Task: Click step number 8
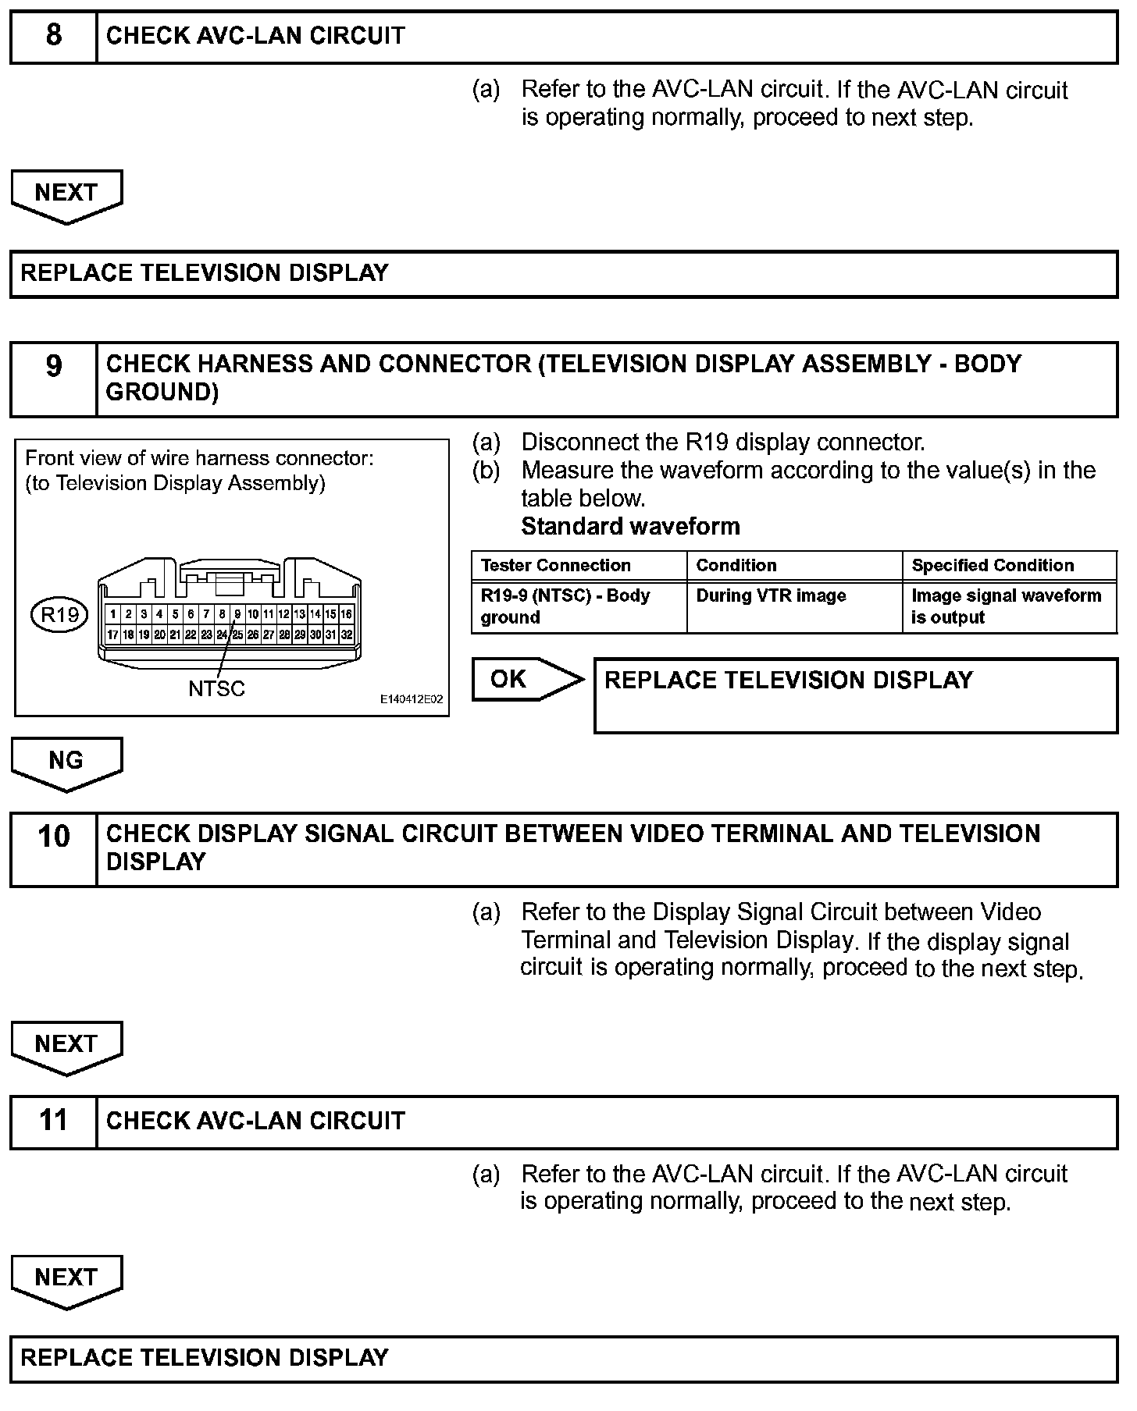pyautogui.click(x=53, y=36)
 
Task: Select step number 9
pyautogui.click(x=53, y=365)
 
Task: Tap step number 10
pyautogui.click(x=53, y=836)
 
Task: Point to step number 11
pyautogui.click(x=53, y=1120)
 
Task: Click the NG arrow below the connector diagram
pyautogui.click(x=66, y=762)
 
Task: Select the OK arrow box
pyautogui.click(x=525, y=679)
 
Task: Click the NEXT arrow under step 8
pyautogui.click(x=66, y=194)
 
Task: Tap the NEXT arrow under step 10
pyautogui.click(x=66, y=1045)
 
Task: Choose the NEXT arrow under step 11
pyautogui.click(x=66, y=1279)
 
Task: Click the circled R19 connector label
pyautogui.click(x=60, y=615)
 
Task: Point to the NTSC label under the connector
pyautogui.click(x=216, y=689)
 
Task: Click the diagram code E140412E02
pyautogui.click(x=412, y=699)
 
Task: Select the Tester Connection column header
pyautogui.click(x=555, y=566)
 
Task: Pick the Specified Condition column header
pyautogui.click(x=993, y=566)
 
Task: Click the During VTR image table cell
pyautogui.click(x=771, y=596)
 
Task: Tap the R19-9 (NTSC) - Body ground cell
pyautogui.click(x=565, y=606)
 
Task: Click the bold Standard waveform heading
pyautogui.click(x=630, y=527)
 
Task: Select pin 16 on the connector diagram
pyautogui.click(x=346, y=614)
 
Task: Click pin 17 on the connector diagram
pyautogui.click(x=112, y=634)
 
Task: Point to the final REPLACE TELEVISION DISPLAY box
pyautogui.click(x=564, y=1358)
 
